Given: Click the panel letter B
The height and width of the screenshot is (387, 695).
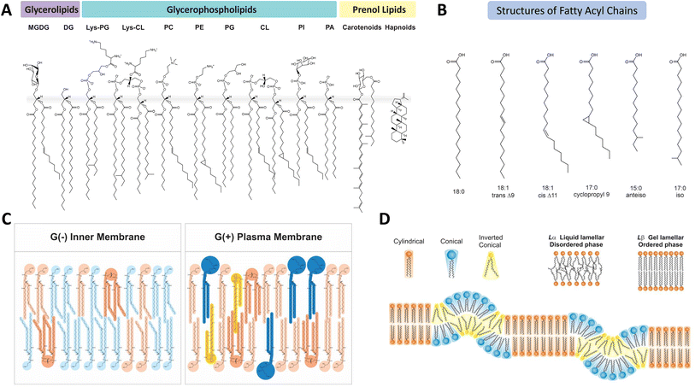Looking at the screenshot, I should (442, 11).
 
